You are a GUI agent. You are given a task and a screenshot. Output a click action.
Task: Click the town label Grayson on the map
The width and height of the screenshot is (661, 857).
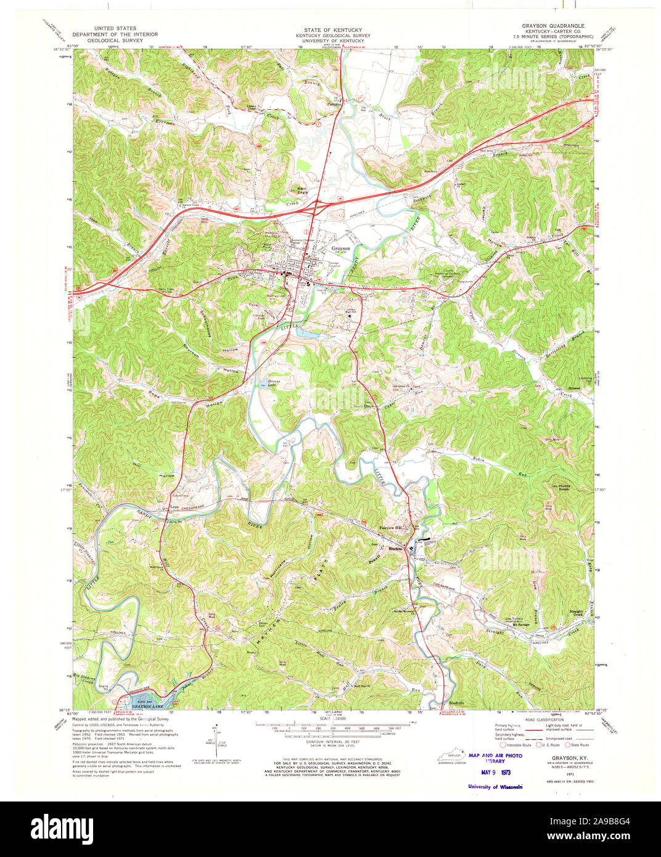tap(341, 248)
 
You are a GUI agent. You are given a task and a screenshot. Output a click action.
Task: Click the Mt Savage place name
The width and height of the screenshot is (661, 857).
tap(522, 625)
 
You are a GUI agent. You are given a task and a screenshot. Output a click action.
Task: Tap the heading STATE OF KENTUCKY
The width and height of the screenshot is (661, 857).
tap(332, 30)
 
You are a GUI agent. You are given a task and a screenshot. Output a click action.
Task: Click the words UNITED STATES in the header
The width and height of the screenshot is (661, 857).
tap(115, 28)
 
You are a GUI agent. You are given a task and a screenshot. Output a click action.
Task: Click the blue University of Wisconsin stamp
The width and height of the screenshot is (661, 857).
tap(495, 787)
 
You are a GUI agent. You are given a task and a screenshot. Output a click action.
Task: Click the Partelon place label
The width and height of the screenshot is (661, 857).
tap(334, 104)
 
